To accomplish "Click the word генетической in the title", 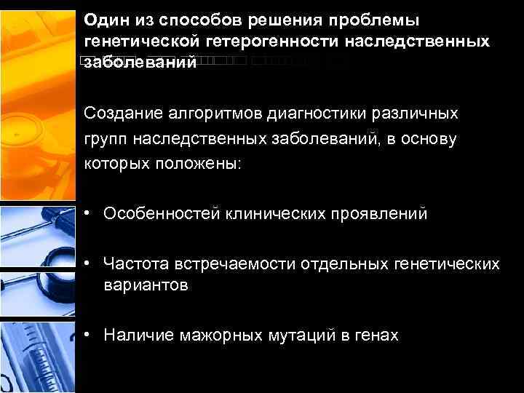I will [137, 41].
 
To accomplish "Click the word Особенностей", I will [162, 214].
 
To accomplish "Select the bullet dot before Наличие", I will [87, 335].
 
